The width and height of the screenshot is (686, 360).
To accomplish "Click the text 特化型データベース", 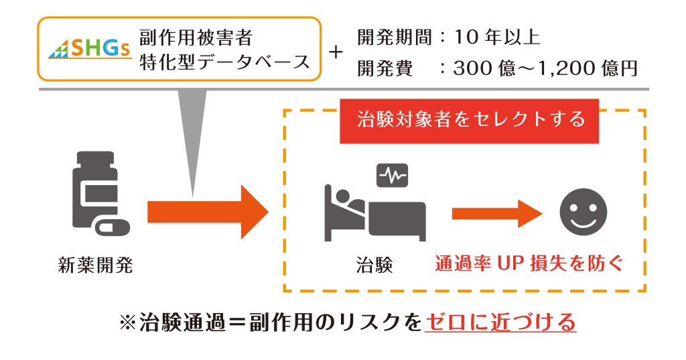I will coord(224,62).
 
